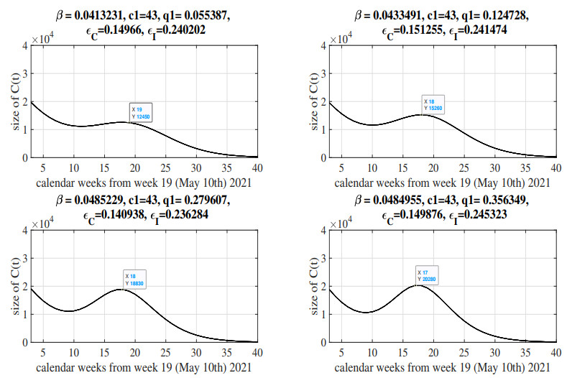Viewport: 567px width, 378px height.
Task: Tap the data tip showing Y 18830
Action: tap(135, 280)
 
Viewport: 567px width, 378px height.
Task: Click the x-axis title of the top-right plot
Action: tap(443, 183)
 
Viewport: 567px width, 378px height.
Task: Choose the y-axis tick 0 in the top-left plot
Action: tap(24, 158)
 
